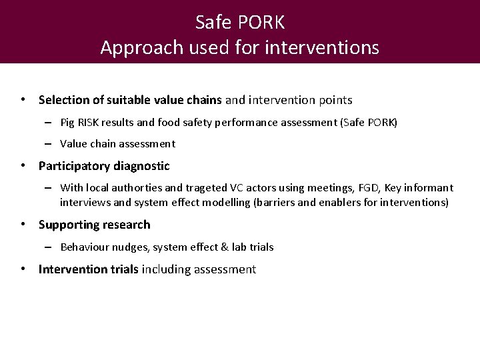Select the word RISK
pos(91,123)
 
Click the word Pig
pos(68,123)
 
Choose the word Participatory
pos(74,165)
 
